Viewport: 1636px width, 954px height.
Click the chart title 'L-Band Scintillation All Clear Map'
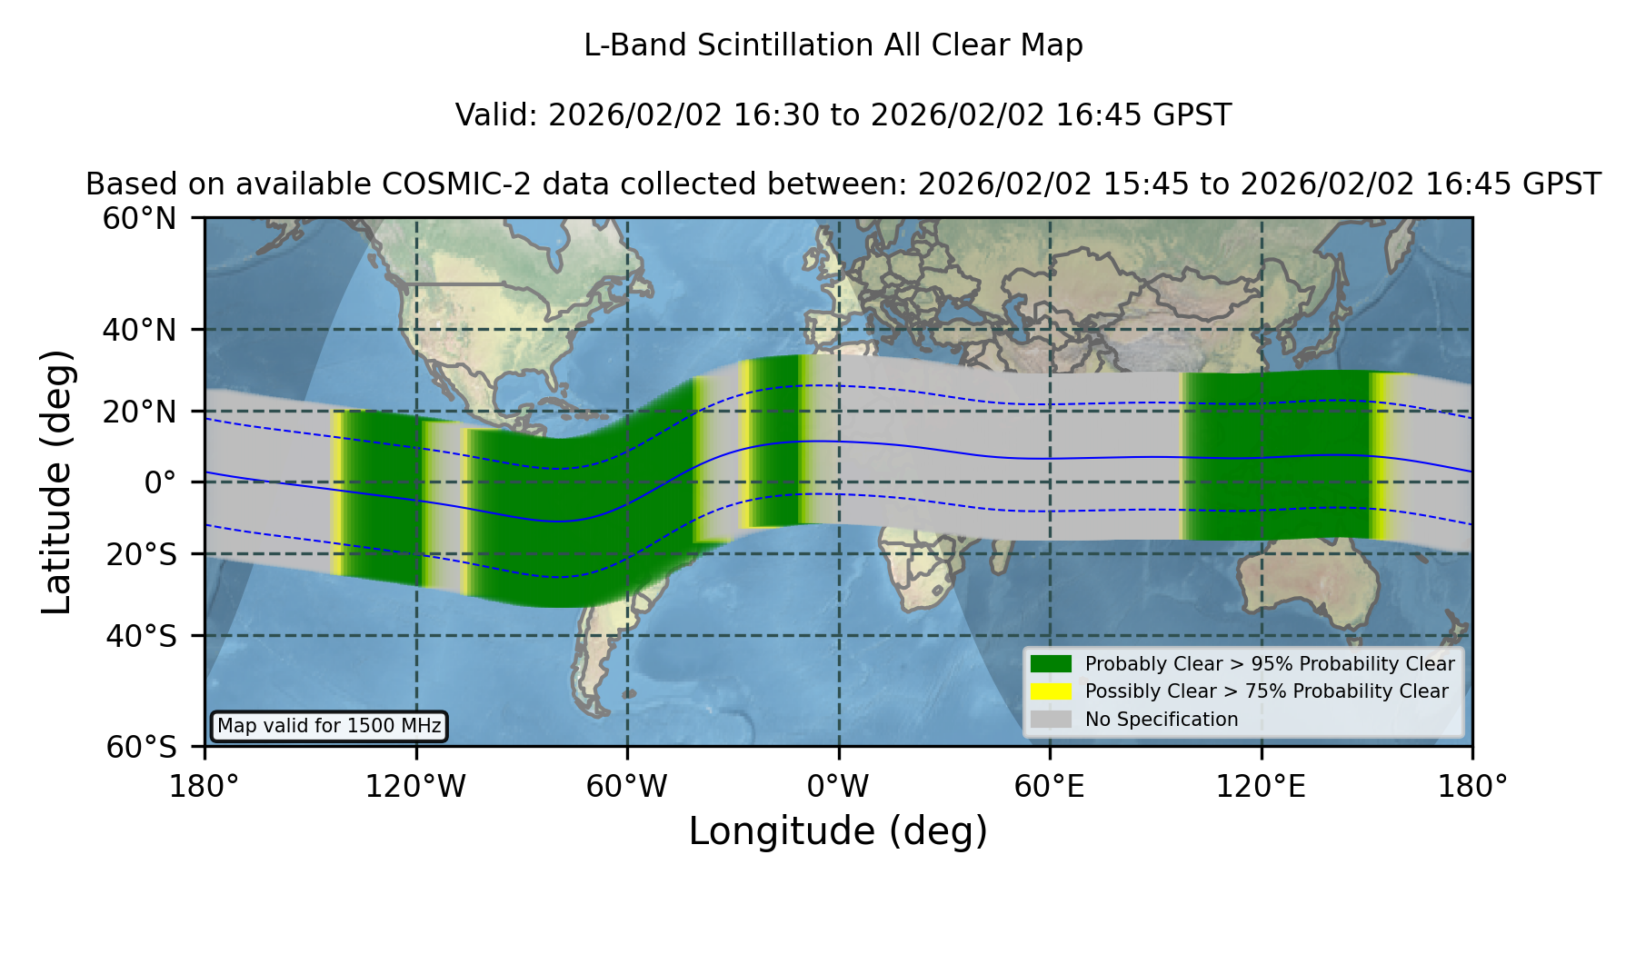pos(833,45)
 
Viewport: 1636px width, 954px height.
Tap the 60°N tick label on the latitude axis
pos(140,219)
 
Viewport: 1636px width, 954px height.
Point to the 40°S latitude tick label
pos(142,636)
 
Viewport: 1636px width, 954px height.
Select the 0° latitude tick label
pos(161,482)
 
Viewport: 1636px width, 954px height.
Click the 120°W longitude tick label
pos(415,786)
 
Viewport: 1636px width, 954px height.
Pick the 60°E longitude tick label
pos(1050,786)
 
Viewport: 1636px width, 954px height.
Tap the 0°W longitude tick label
pos(838,786)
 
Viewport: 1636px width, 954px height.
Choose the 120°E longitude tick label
pos(1261,786)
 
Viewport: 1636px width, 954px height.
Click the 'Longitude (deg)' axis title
pos(838,831)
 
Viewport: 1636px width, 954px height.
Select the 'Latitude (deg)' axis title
pos(57,482)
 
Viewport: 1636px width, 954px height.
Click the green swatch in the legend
pos(1052,663)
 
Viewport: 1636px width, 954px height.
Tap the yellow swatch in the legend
pos(1052,691)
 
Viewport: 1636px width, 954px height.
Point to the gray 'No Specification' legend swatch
pos(1052,720)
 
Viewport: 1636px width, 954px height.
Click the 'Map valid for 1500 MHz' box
pos(329,726)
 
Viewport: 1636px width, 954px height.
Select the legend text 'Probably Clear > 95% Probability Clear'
pos(1270,664)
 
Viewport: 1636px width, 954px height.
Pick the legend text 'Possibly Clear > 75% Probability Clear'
pos(1266,691)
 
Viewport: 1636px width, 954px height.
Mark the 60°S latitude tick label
pos(142,747)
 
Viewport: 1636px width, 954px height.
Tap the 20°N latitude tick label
pos(140,412)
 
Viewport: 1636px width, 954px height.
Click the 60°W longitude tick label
pos(627,786)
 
